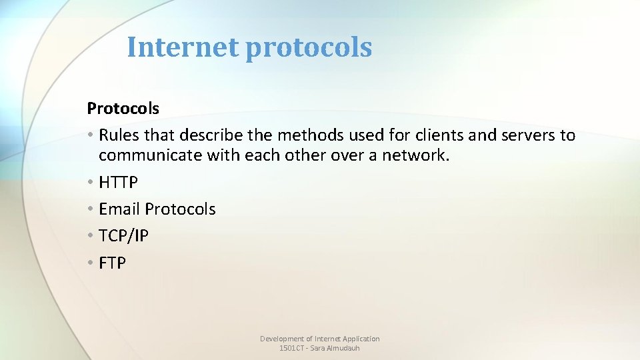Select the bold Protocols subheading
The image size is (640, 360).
(x=123, y=108)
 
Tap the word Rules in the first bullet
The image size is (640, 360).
(x=119, y=135)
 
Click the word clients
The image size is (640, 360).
(x=434, y=135)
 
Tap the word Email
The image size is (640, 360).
(x=119, y=209)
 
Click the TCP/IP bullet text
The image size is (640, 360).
(x=123, y=235)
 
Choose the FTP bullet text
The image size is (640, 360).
(x=112, y=263)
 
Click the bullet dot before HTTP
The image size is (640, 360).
(x=91, y=182)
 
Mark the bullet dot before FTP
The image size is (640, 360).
(x=91, y=263)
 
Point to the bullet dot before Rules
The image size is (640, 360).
(x=91, y=136)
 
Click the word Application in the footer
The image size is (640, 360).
(x=362, y=339)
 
